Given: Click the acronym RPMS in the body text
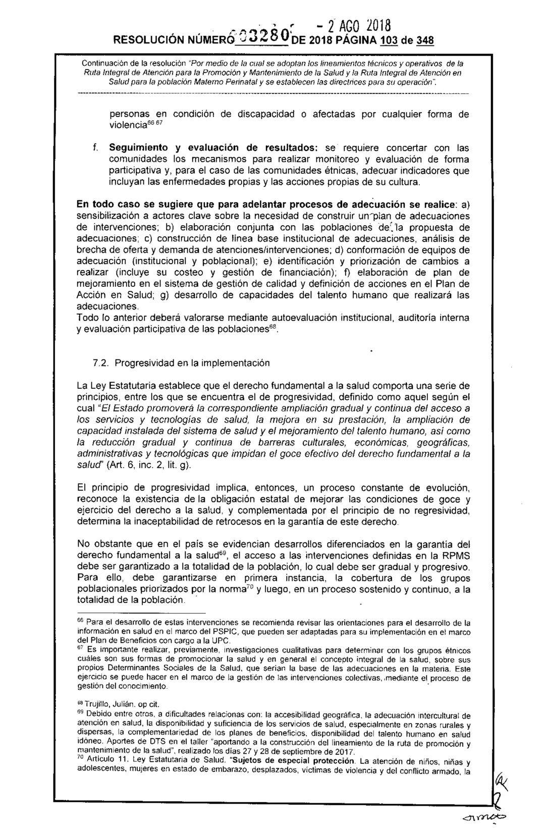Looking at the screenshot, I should click(456, 555).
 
